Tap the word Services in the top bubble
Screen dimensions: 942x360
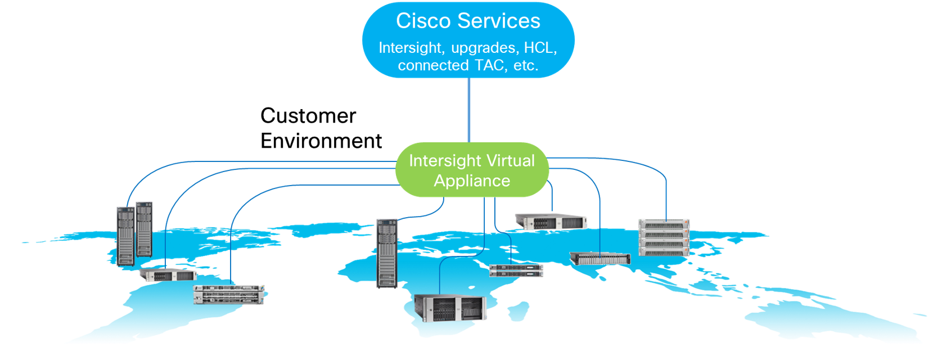[499, 21]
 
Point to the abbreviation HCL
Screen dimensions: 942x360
[539, 47]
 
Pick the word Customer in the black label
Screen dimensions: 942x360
[308, 116]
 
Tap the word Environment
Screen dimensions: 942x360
[321, 141]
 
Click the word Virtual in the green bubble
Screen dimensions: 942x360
[510, 160]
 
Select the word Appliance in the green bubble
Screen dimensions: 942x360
[472, 181]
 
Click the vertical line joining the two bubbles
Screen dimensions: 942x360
[469, 110]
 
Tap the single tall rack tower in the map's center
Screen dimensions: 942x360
[387, 254]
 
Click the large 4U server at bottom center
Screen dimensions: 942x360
[450, 308]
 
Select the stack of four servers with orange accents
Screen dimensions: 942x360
[664, 237]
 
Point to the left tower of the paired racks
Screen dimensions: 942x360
[126, 236]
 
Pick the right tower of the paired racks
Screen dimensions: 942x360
[144, 229]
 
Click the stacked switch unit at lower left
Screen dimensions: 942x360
[229, 294]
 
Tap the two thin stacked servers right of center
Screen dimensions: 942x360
[516, 271]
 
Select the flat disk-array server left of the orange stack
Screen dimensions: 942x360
[600, 258]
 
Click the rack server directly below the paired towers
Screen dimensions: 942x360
[168, 275]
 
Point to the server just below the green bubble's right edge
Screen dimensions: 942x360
[551, 221]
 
